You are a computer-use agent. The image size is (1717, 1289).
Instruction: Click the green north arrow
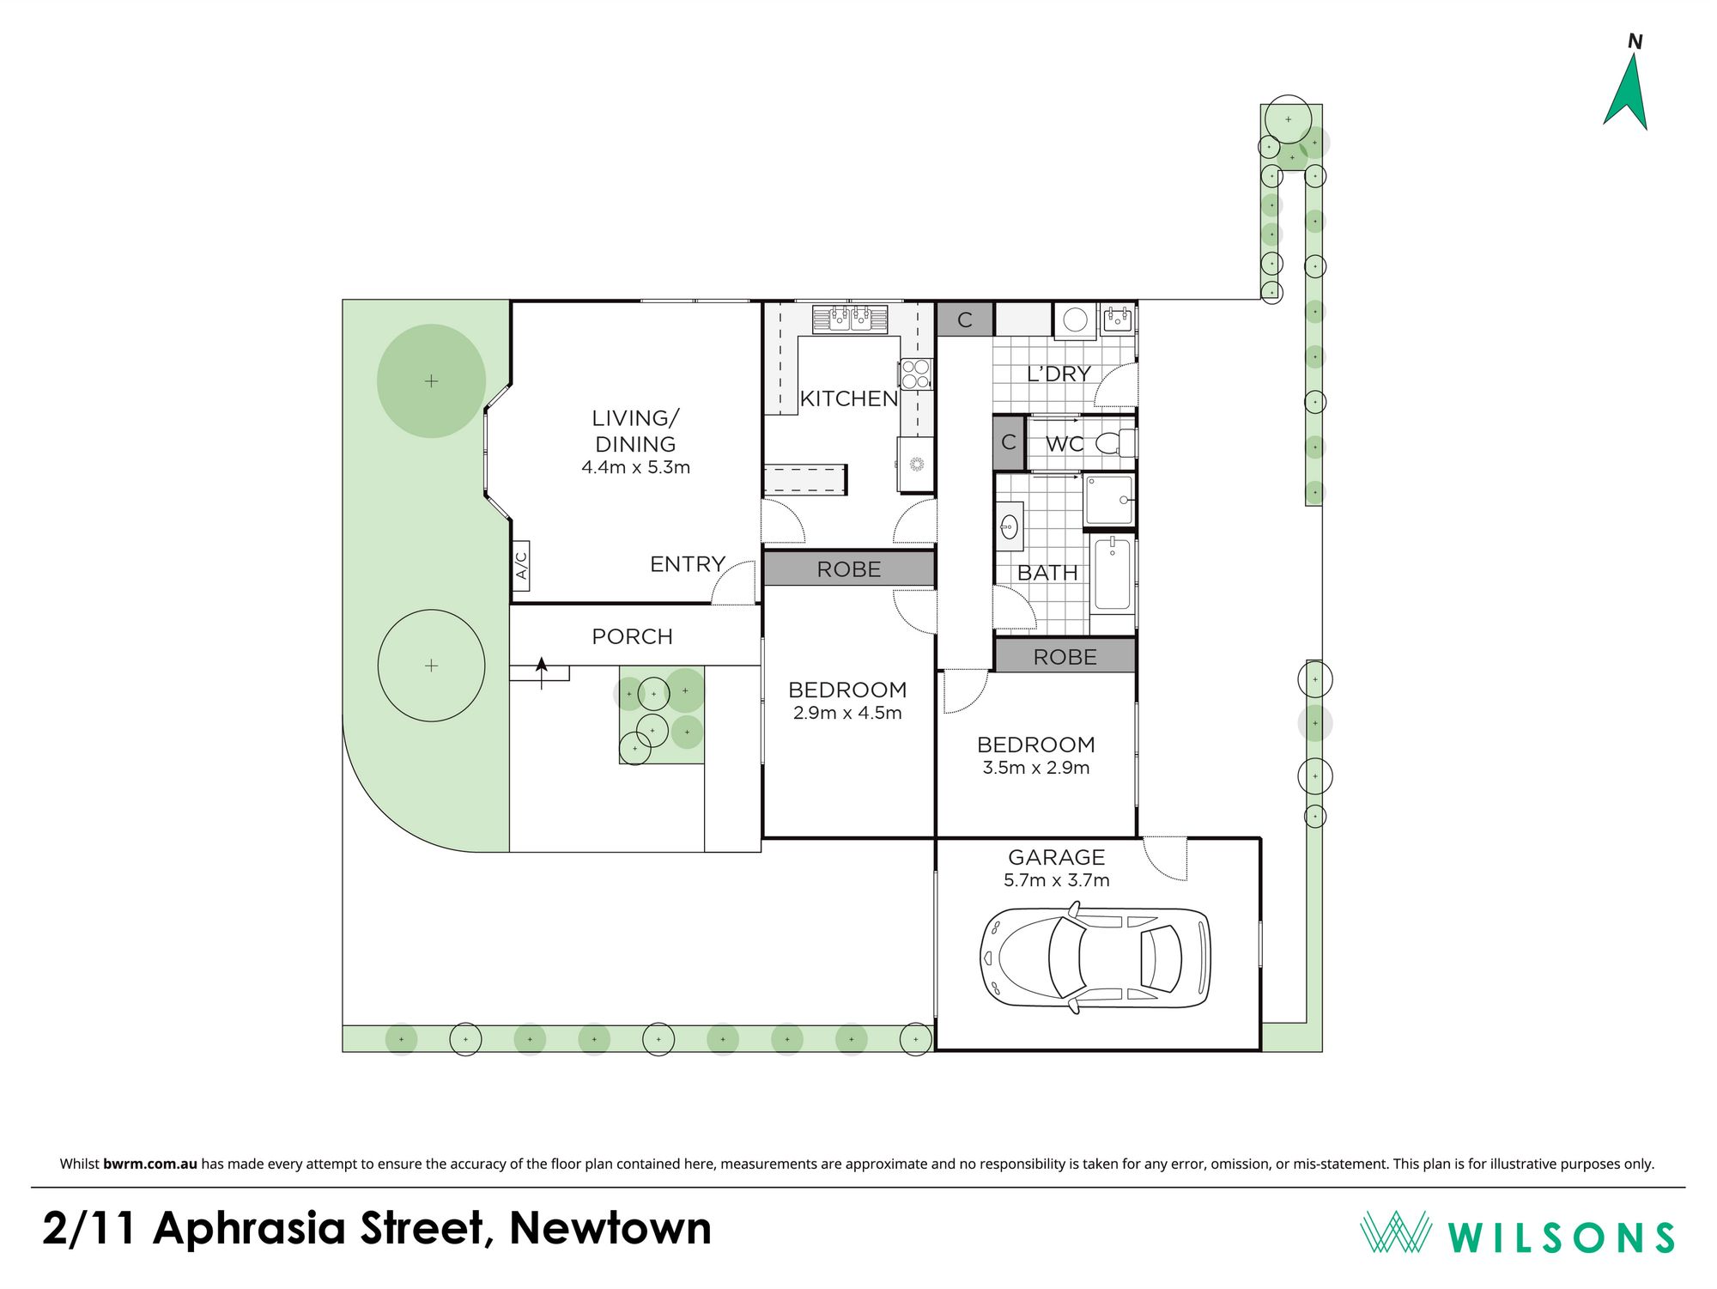coord(1626,94)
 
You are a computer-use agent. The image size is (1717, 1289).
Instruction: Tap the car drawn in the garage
coord(1095,957)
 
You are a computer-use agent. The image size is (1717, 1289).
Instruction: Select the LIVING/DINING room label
coord(635,431)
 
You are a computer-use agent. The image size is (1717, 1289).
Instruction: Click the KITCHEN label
coord(848,398)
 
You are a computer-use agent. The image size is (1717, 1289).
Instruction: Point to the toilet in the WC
coord(1115,443)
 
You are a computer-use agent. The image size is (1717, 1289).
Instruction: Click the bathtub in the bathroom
coord(1113,574)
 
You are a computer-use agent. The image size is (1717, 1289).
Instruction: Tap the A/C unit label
coord(520,565)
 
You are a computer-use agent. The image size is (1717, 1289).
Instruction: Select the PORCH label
coord(632,636)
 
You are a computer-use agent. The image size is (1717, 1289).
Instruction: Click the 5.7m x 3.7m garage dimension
coord(1056,880)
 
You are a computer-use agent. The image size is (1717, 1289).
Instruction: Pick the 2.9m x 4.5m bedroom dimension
coord(847,713)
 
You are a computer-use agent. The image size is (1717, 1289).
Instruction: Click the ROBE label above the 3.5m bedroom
coord(1065,657)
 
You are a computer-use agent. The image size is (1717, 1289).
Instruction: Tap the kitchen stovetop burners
coord(916,374)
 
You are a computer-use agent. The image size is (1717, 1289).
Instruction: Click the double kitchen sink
coord(850,319)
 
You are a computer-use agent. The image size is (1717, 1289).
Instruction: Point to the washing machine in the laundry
coord(1075,320)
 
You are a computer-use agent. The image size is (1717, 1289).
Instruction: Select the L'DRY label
coord(1059,374)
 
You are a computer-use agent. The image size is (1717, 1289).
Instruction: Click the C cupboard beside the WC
coord(1009,442)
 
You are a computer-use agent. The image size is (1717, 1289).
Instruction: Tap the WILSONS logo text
coord(1561,1237)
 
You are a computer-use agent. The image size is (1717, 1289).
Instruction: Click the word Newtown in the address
coord(610,1228)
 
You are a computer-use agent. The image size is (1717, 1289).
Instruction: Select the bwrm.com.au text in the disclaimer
coord(150,1164)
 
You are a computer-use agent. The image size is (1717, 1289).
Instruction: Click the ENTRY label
coord(688,564)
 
